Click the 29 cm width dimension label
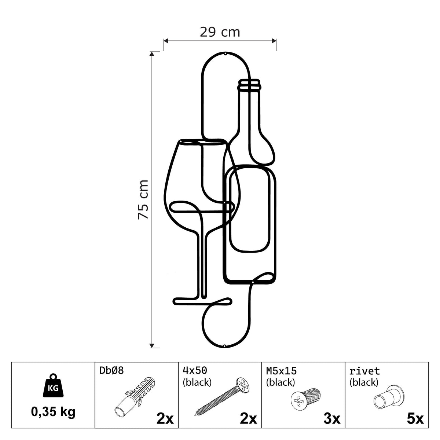pos(220,32)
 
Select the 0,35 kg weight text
pos(53,412)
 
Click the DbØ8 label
pos(112,370)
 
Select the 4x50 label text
pos(195,370)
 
